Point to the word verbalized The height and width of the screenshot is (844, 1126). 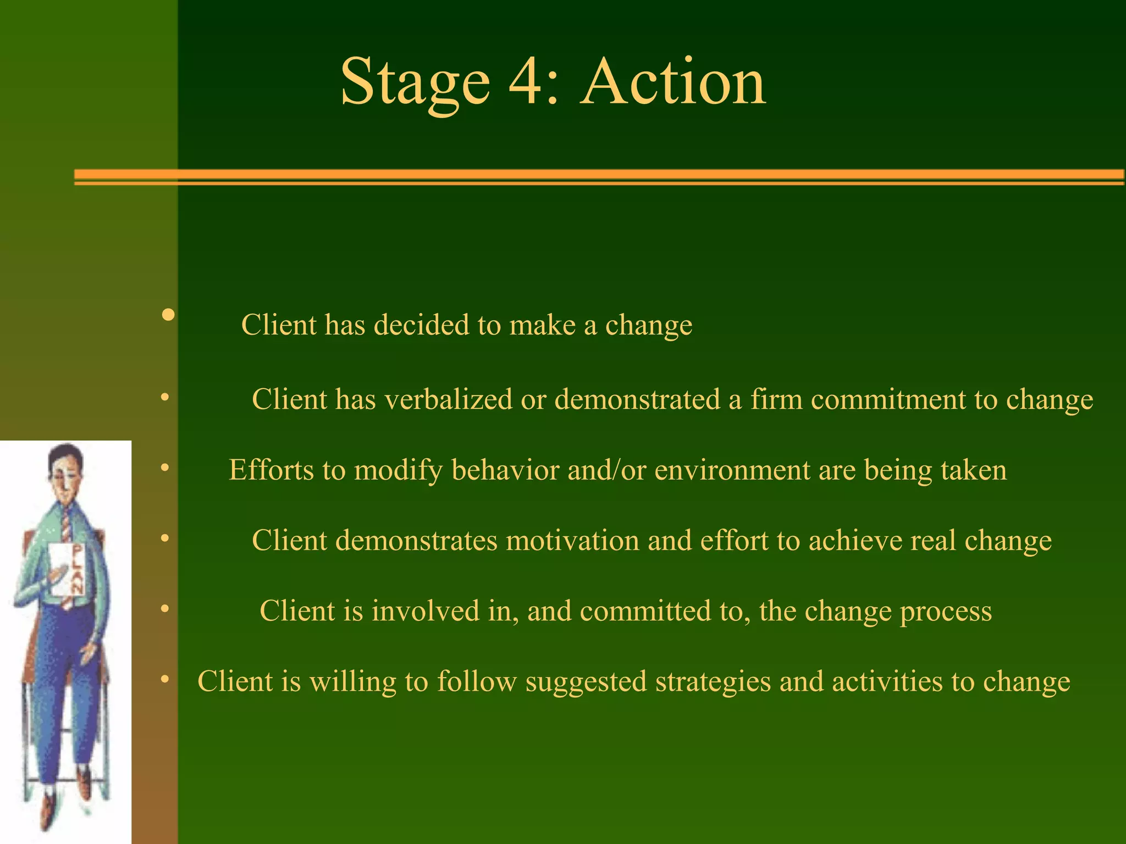point(449,399)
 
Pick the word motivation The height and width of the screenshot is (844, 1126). point(572,541)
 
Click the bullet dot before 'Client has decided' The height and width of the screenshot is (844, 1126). point(169,315)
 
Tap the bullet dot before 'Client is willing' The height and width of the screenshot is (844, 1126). point(164,680)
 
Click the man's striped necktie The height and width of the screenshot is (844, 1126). point(66,525)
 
